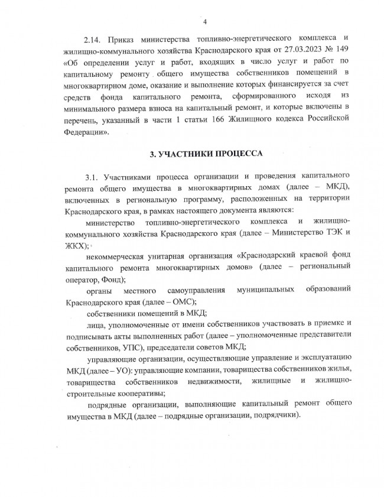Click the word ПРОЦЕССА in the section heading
pos(236,155)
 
